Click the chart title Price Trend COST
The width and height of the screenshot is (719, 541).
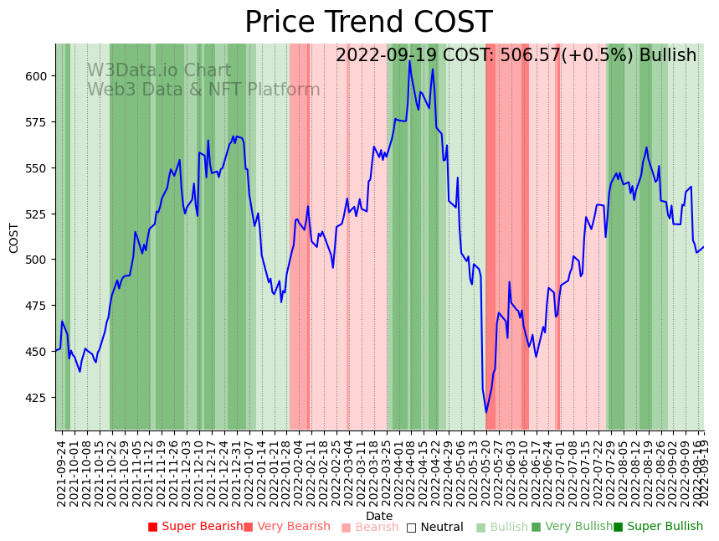click(368, 23)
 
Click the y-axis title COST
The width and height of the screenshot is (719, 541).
click(13, 238)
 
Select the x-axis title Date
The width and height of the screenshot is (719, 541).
click(379, 516)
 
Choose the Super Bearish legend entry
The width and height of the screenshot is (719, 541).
click(195, 527)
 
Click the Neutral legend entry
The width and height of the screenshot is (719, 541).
click(434, 528)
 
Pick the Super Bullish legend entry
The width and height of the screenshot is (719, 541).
click(658, 527)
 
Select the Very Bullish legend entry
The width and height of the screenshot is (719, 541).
click(572, 527)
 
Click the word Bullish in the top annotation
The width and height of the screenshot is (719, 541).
click(668, 56)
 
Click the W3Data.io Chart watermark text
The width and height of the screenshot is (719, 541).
click(159, 71)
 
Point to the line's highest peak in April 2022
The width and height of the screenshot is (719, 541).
click(410, 62)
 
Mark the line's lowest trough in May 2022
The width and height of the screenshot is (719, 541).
click(485, 412)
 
